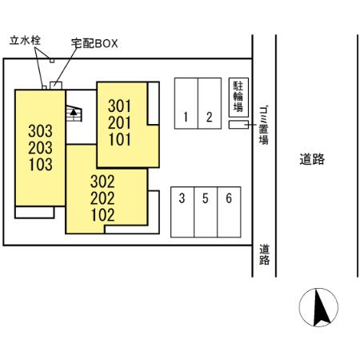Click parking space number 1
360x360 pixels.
pyautogui.click(x=186, y=103)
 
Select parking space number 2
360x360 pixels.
pyautogui.click(x=210, y=103)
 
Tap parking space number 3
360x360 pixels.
pyautogui.click(x=182, y=212)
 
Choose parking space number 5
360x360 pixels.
pyautogui.click(x=206, y=212)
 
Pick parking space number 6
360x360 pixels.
pyautogui.click(x=229, y=212)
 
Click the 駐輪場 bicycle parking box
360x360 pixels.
pyautogui.click(x=238, y=98)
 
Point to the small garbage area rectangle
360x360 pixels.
pyautogui.click(x=238, y=125)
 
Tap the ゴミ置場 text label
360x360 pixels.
pyautogui.click(x=264, y=126)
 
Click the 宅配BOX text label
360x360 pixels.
pyautogui.click(x=94, y=43)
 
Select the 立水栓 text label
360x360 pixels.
pyautogui.click(x=25, y=41)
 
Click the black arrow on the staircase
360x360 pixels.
pyautogui.click(x=74, y=112)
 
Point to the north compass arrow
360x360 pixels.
pyautogui.click(x=321, y=308)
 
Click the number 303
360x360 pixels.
pyautogui.click(x=40, y=131)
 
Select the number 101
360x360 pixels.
pyautogui.click(x=120, y=139)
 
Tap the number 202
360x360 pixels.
pyautogui.click(x=102, y=198)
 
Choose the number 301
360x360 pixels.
pyautogui.click(x=120, y=106)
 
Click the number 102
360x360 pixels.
pyautogui.click(x=102, y=215)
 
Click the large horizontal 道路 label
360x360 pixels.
pyautogui.click(x=312, y=159)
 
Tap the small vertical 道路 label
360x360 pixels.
pyautogui.click(x=265, y=254)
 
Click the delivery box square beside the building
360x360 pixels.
pyautogui.click(x=56, y=86)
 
